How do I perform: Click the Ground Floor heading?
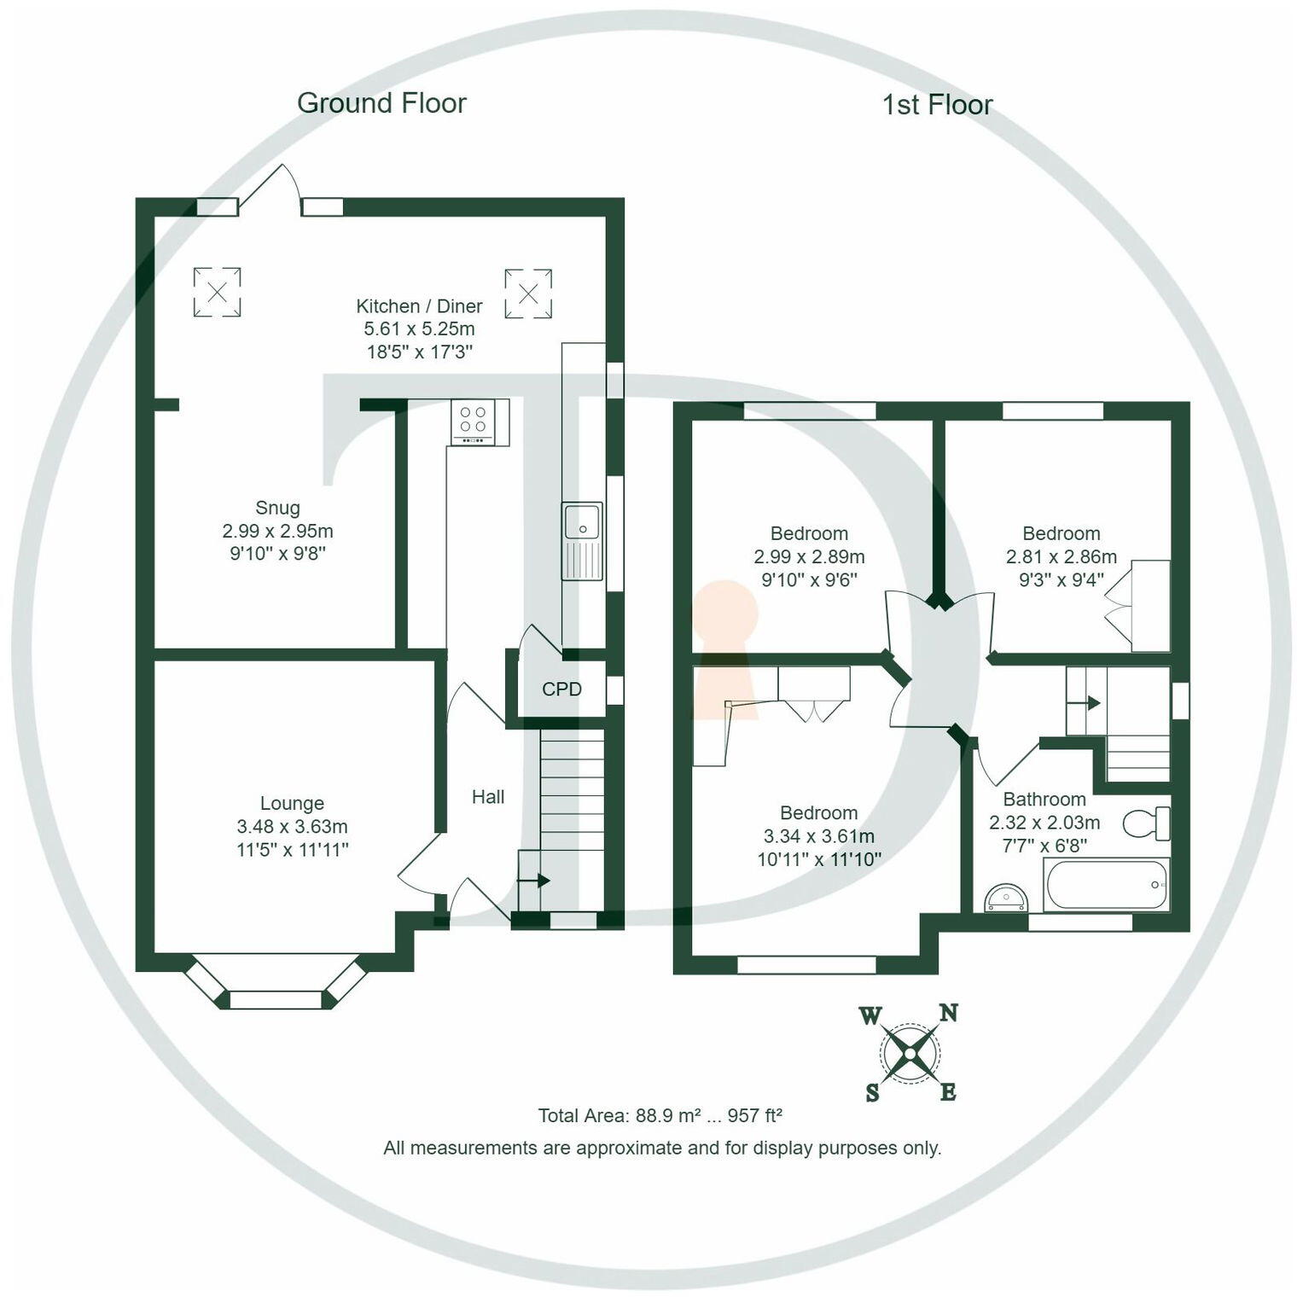pos(381,103)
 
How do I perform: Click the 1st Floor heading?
pos(937,105)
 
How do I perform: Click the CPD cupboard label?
pos(561,689)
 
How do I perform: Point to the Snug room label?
pos(277,509)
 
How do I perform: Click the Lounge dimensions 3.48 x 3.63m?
pos(292,827)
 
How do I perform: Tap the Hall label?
pos(488,797)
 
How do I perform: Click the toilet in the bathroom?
pos(1146,823)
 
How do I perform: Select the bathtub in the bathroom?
pos(1106,885)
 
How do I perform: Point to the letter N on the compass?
pos(948,1014)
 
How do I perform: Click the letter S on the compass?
pos(872,1093)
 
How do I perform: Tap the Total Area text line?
pos(660,1116)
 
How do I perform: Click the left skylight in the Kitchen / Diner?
pos(217,293)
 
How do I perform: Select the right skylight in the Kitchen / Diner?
pos(528,294)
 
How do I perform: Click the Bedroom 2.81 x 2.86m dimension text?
pos(1061,557)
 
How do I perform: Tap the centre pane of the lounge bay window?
pos(276,999)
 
